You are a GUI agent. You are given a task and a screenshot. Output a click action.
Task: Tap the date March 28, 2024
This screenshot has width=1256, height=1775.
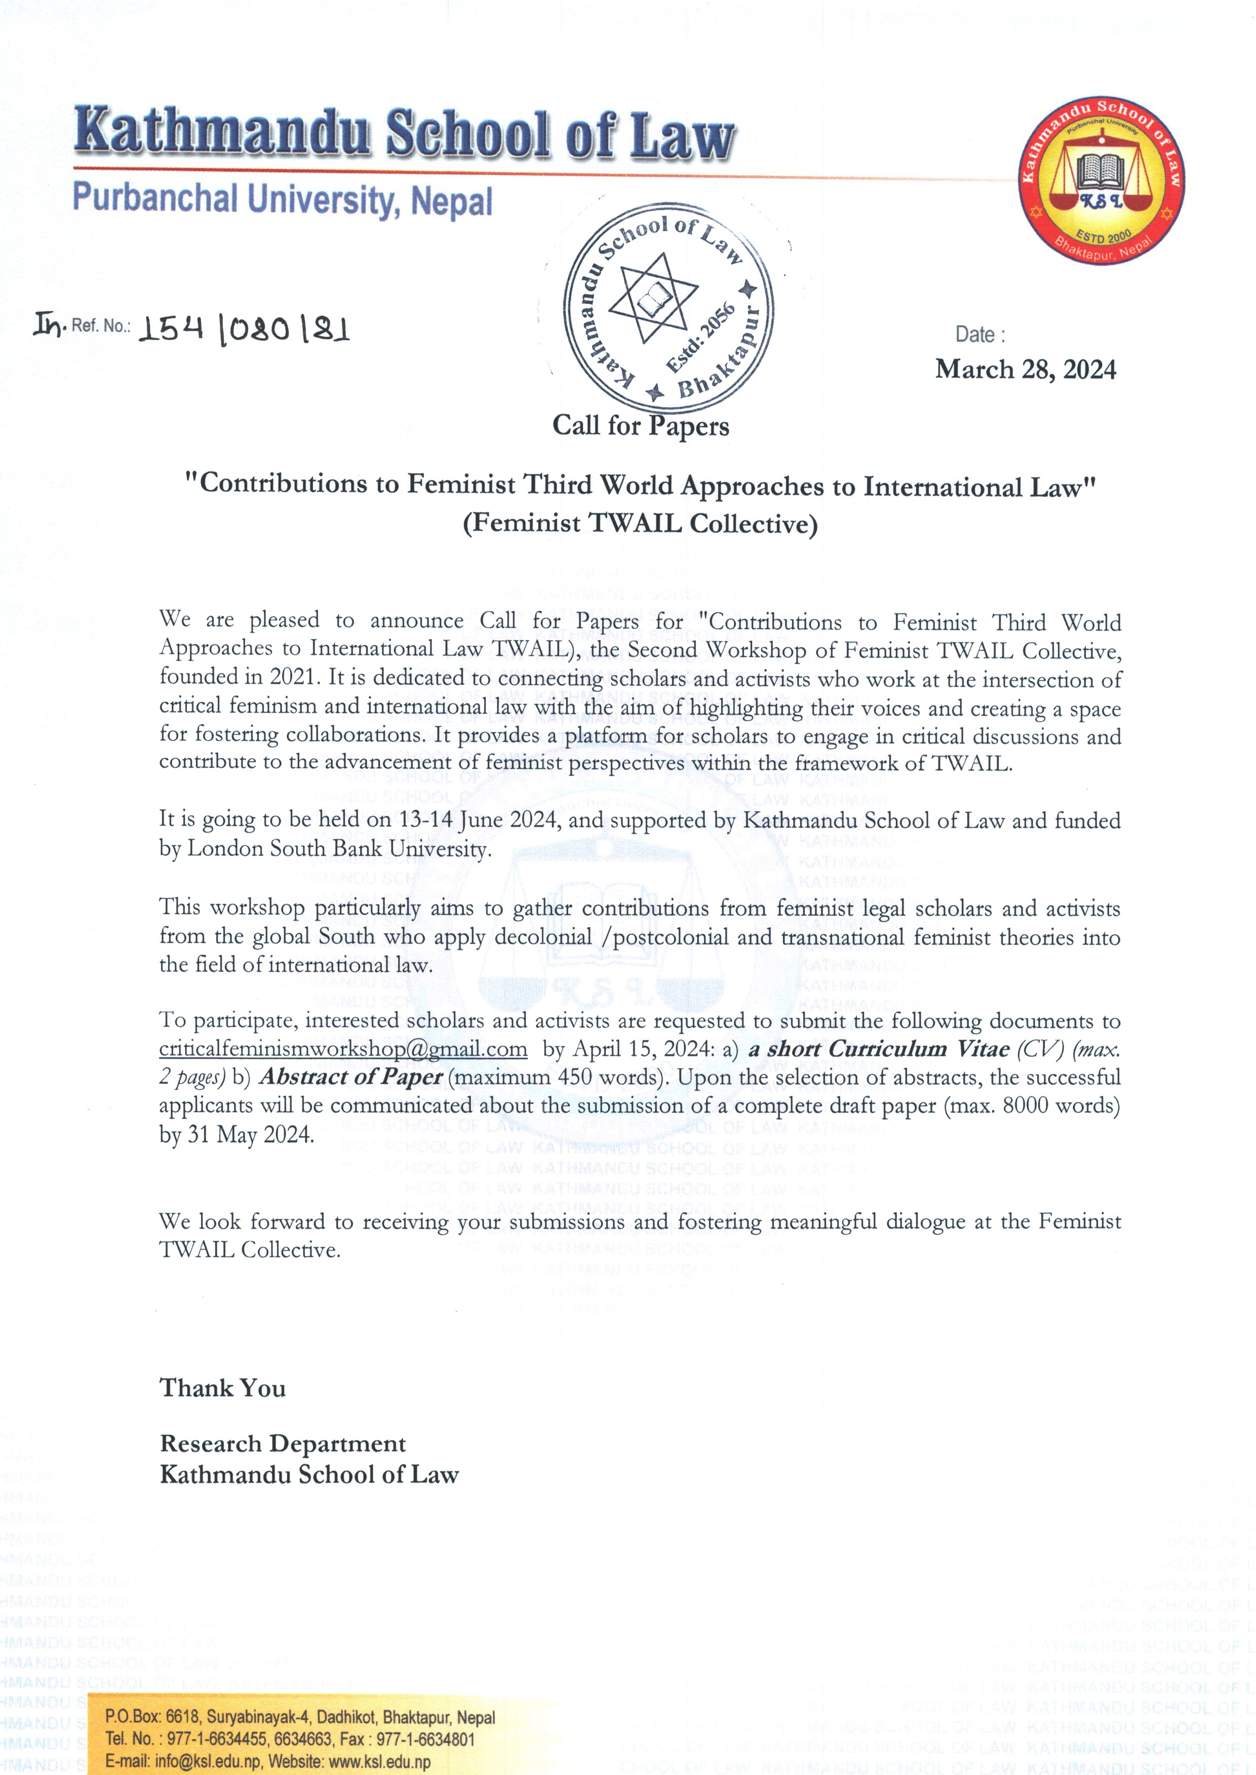1026,369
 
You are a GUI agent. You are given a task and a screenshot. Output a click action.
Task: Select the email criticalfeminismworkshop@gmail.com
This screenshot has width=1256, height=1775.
343,1049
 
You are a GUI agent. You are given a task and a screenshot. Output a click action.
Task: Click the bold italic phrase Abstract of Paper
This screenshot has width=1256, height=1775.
350,1077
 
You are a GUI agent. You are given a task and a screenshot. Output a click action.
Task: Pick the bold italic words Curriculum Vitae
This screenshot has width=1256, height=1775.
919,1049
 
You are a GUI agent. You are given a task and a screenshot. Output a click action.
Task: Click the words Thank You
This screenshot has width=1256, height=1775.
223,1388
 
